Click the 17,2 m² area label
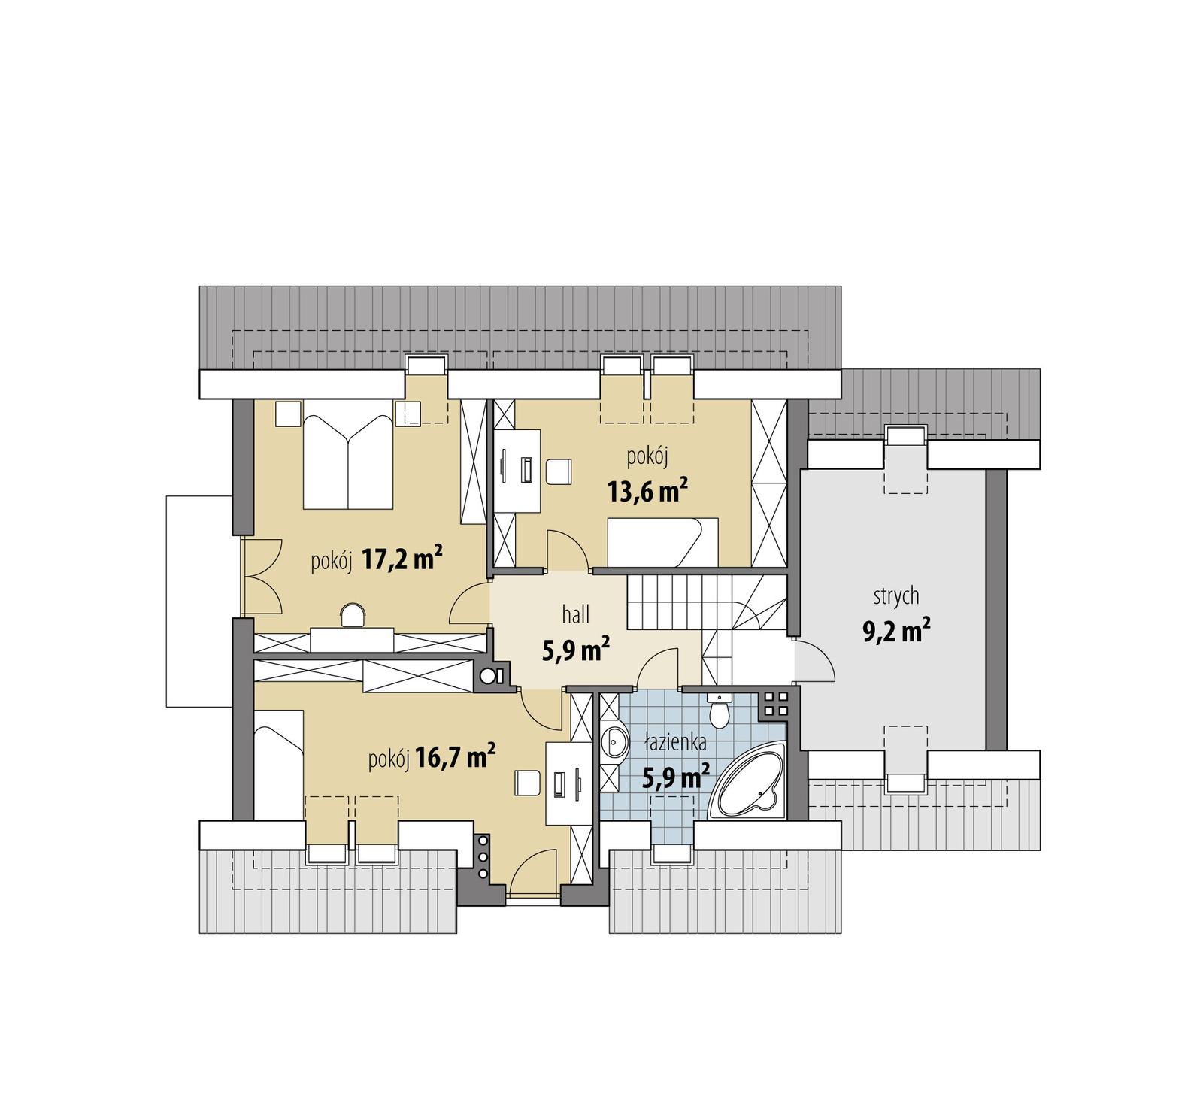(402, 559)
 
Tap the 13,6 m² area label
(647, 491)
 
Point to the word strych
(895, 596)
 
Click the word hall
(575, 615)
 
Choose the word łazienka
(675, 743)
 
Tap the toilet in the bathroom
(720, 711)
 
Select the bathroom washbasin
(615, 743)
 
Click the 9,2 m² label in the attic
(895, 631)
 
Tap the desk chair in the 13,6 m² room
(558, 471)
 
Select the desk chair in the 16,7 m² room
(527, 783)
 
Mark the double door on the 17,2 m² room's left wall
(262, 576)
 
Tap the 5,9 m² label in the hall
(575, 650)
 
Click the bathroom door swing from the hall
(659, 669)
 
